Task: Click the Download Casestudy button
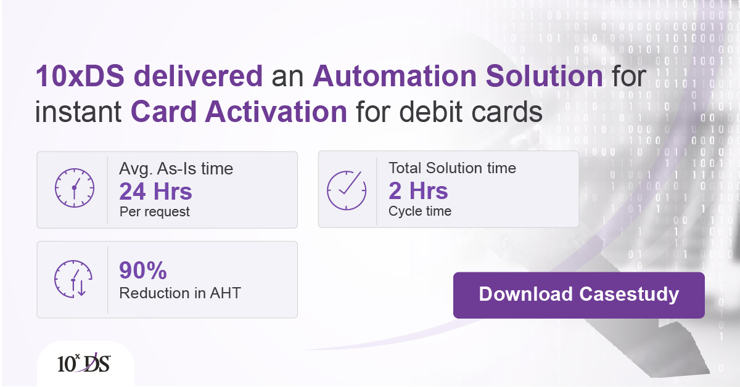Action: [x=578, y=295]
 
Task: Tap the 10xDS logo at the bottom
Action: [x=83, y=364]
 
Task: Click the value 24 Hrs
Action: [x=156, y=192]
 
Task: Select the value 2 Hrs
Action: [x=418, y=191]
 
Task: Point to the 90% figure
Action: [x=143, y=271]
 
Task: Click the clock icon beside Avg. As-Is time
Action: [x=74, y=187]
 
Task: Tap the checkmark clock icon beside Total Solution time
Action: [x=346, y=188]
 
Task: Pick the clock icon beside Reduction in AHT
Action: [x=73, y=279]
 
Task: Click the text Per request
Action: [x=155, y=212]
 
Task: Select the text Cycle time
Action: [x=420, y=211]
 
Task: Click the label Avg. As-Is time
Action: [x=176, y=168]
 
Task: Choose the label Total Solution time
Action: [x=452, y=168]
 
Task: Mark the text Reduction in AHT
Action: [x=180, y=293]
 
